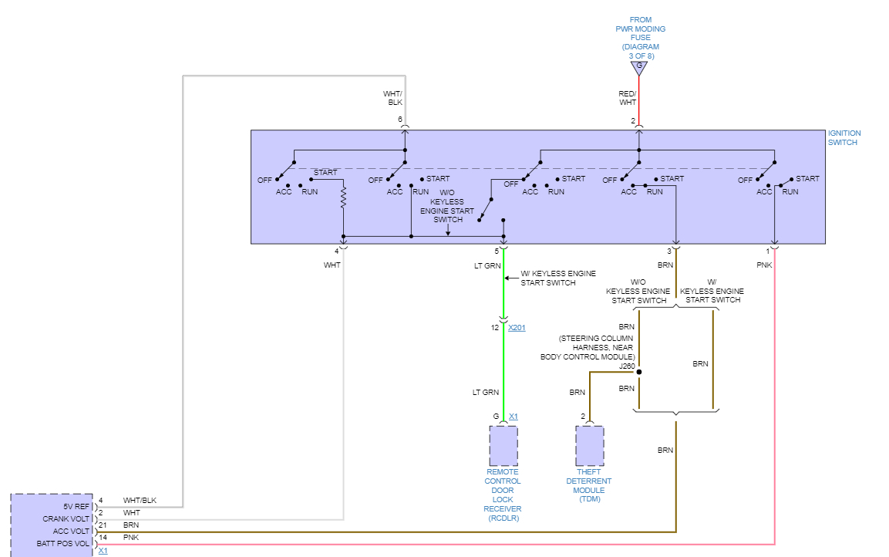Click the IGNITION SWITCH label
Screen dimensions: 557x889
tap(844, 137)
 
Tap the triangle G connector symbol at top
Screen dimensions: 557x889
tap(638, 68)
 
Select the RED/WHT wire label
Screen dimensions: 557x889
tap(628, 98)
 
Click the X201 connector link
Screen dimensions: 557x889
tap(517, 328)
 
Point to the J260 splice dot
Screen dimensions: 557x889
tap(639, 372)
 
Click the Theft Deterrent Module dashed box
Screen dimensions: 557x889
tap(589, 446)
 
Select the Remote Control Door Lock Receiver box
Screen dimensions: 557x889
tap(503, 446)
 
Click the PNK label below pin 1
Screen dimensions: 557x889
tap(763, 265)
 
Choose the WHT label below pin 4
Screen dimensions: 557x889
tap(332, 265)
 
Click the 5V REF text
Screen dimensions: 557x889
tap(77, 507)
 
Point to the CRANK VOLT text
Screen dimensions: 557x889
tap(68, 519)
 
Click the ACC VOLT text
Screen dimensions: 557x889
tap(72, 532)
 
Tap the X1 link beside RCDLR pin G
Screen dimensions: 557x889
tap(514, 417)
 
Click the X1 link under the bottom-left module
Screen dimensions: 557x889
tap(103, 552)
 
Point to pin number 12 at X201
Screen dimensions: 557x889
tap(496, 328)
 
